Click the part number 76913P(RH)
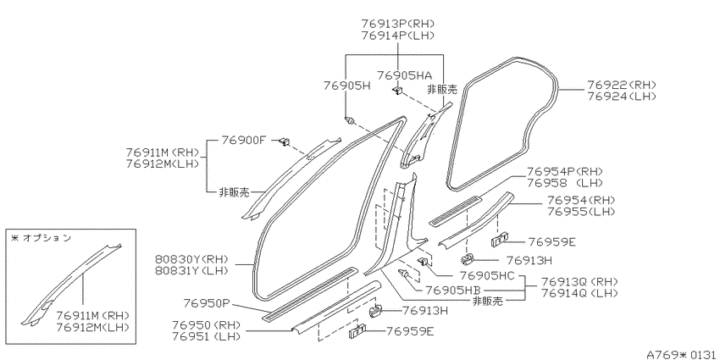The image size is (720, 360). tap(397, 24)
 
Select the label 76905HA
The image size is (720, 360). tap(405, 75)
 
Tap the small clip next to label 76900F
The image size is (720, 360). tap(285, 141)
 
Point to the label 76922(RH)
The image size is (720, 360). tap(621, 86)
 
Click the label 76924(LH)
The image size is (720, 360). tap(621, 97)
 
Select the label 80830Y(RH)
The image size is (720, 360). tap(192, 259)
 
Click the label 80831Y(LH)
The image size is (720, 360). tap(192, 271)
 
